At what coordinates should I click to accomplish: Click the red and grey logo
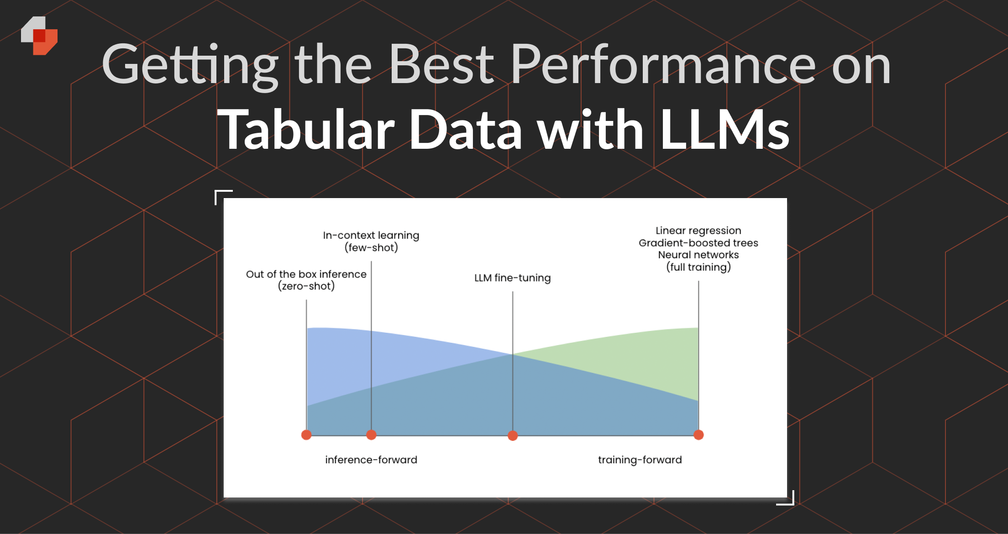click(x=39, y=36)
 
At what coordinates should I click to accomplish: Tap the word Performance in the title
click(x=663, y=65)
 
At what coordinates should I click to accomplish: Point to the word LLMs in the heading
click(x=725, y=130)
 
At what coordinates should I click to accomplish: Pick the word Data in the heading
click(x=466, y=130)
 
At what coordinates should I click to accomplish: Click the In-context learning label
click(x=371, y=236)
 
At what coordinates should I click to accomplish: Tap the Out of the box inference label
click(x=306, y=274)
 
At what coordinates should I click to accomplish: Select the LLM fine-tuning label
click(x=512, y=278)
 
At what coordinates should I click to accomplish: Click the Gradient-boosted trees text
click(x=698, y=243)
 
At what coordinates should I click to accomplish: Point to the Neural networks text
click(x=698, y=255)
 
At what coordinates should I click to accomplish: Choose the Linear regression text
click(x=698, y=230)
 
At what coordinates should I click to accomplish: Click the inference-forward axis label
click(x=371, y=460)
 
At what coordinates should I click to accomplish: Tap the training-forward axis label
click(x=640, y=460)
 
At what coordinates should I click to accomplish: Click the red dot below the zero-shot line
click(x=306, y=435)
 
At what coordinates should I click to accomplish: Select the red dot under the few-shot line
click(x=371, y=435)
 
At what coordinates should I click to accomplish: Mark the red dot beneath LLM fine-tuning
click(x=513, y=435)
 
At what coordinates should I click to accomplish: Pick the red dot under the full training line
click(x=698, y=435)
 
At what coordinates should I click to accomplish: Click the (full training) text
click(x=698, y=267)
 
